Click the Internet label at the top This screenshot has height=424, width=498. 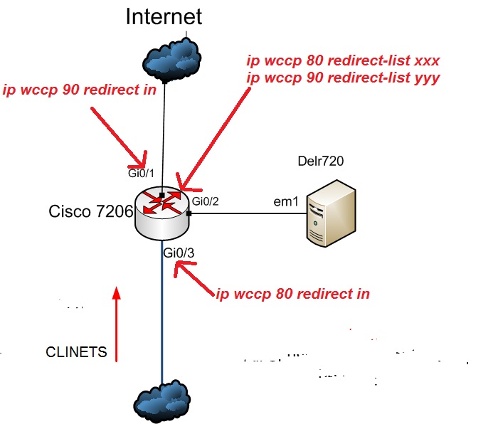tap(164, 16)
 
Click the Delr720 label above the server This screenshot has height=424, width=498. tap(320, 161)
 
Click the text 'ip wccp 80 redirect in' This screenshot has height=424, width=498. tap(292, 293)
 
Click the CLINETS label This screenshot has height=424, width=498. tap(76, 352)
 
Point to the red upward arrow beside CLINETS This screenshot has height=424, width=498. tap(116, 324)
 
